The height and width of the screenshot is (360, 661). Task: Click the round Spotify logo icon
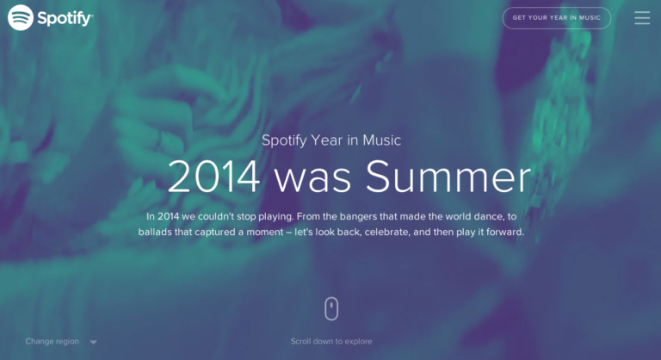[21, 18]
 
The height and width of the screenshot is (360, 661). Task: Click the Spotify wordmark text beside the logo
[65, 19]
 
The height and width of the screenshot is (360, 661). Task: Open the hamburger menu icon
[642, 18]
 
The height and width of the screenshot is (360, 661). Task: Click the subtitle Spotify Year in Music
[330, 140]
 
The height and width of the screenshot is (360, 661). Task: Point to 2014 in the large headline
[213, 177]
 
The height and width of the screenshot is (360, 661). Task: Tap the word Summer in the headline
[448, 177]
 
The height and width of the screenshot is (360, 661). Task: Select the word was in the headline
[312, 180]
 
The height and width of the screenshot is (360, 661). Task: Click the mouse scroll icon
[331, 308]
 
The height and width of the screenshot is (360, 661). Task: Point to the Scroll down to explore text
[331, 341]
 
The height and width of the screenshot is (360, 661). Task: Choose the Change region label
[53, 341]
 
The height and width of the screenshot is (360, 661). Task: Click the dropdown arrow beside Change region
[94, 342]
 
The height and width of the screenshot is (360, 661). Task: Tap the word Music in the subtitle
[382, 140]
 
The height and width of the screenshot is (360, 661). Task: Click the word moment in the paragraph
[265, 233]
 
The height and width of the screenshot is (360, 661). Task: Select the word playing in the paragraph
[275, 217]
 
